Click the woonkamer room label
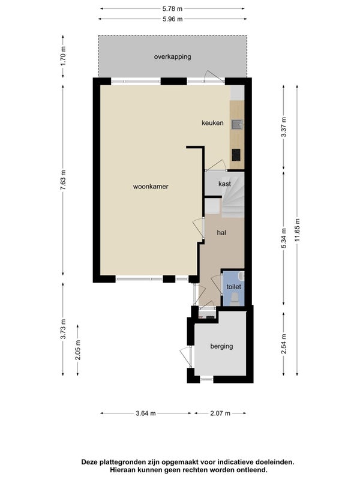click(151, 187)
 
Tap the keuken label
click(212, 123)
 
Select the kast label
click(224, 184)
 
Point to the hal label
click(221, 233)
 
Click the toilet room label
click(233, 287)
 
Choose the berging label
click(221, 346)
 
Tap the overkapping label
click(173, 56)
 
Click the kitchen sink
click(237, 124)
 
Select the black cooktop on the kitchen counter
click(236, 155)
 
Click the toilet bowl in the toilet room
click(235, 298)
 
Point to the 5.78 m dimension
click(173, 8)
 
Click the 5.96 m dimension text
click(173, 19)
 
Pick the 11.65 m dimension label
click(297, 230)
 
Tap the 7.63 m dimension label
click(63, 179)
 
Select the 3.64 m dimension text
click(146, 413)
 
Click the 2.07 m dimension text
click(220, 413)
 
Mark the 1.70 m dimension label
click(63, 56)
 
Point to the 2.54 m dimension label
click(284, 343)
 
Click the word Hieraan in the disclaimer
click(122, 469)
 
